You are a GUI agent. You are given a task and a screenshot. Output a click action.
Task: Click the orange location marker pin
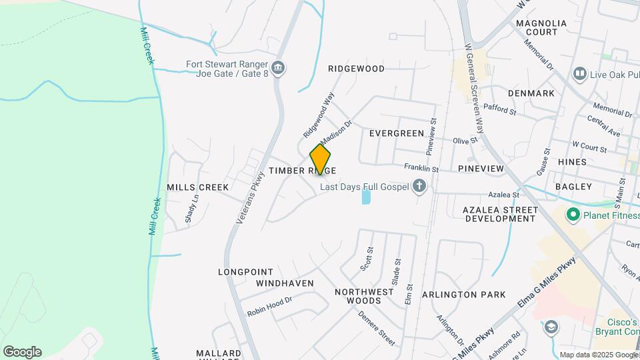click(321, 159)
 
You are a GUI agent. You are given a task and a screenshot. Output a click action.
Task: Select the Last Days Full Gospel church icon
click(419, 186)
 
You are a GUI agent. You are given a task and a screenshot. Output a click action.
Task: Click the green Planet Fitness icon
click(572, 215)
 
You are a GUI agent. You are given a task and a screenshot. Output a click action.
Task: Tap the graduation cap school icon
click(551, 327)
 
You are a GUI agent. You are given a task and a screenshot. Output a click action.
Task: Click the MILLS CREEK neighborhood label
click(197, 187)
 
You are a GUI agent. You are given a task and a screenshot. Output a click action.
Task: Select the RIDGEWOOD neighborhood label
click(357, 69)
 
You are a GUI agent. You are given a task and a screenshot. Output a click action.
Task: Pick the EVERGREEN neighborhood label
click(397, 133)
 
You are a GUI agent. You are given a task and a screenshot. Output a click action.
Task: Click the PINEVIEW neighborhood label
click(481, 169)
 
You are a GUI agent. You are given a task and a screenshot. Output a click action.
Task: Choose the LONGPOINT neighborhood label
click(245, 272)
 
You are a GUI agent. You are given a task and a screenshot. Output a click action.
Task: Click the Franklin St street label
click(421, 169)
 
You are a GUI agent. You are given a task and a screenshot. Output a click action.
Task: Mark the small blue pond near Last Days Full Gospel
click(365, 197)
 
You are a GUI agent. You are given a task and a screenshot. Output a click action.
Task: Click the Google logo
click(22, 351)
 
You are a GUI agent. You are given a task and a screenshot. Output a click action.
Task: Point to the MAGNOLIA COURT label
click(541, 27)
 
